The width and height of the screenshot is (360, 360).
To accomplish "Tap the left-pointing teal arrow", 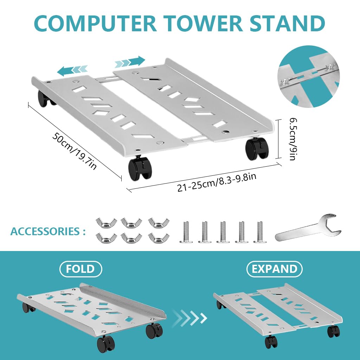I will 72,70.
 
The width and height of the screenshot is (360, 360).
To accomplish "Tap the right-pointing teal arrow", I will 130,62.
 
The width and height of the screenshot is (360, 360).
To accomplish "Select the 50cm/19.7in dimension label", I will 74,150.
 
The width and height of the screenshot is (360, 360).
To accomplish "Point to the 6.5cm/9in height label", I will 291,139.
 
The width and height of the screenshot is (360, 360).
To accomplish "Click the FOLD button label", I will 81,269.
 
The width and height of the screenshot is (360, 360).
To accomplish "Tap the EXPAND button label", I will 275,269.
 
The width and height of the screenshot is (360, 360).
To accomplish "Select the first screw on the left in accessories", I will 186,232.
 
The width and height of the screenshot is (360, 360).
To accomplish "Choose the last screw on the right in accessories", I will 259,232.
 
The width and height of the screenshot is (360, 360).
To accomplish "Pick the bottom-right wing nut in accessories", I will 156,238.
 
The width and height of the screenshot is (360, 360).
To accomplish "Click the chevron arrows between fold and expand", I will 190,318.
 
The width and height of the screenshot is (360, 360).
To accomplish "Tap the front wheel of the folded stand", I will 106,343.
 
